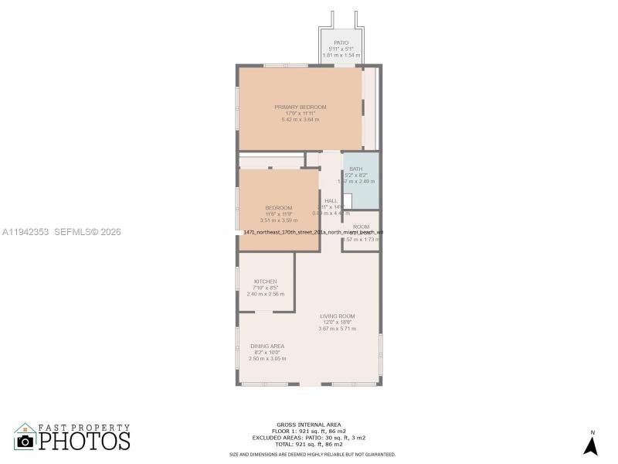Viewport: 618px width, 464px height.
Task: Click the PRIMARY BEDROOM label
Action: pos(301,107)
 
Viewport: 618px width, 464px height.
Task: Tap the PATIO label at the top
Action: pos(341,43)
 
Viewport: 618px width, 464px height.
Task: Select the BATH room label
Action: pos(355,169)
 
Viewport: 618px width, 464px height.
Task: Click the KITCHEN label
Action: pos(266,281)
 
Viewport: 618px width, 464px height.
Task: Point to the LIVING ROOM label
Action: pos(338,316)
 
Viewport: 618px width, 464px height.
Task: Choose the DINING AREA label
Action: pos(267,346)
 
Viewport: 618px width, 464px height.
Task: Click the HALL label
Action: pos(331,201)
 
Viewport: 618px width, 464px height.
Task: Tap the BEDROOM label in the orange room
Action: pos(279,207)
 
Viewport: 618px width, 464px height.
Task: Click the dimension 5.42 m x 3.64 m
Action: pos(301,119)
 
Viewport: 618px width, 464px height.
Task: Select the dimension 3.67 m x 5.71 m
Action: pos(337,329)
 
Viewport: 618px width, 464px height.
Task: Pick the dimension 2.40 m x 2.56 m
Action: pos(266,294)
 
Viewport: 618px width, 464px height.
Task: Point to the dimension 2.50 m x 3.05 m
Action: pos(267,358)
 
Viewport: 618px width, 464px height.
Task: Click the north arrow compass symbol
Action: pos(591,445)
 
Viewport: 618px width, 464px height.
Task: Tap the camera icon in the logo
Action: pos(25,440)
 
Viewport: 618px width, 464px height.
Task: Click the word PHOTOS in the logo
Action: pos(85,441)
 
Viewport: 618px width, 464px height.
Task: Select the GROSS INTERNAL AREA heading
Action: pos(308,425)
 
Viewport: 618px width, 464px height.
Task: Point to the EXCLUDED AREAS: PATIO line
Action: pos(308,437)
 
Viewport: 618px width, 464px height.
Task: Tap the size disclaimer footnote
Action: pos(312,455)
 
